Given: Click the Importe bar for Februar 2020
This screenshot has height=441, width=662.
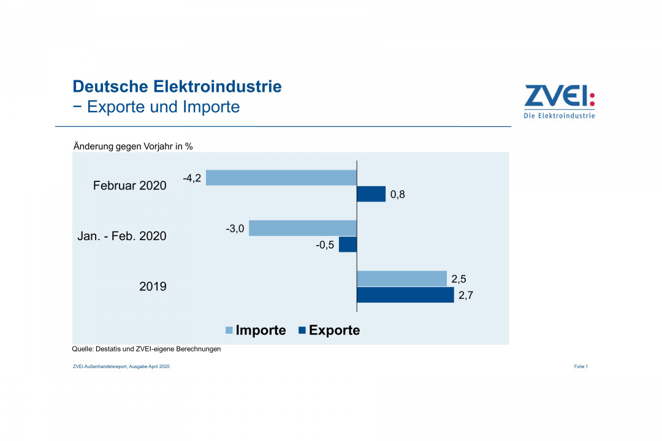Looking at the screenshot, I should coord(281,178).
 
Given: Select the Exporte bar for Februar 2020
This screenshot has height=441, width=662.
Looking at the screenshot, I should coord(371,194).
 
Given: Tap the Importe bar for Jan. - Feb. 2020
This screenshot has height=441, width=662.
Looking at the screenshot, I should coord(303,228).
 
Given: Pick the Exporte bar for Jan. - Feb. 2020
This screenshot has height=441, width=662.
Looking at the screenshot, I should coord(348,244).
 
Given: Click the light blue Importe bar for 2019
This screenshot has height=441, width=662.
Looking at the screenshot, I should coord(401,279).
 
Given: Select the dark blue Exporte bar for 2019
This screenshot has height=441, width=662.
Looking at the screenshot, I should coord(405,295).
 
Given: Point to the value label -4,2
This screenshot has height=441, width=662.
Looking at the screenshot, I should coord(192,178).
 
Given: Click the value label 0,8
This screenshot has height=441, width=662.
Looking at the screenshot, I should coord(397,195).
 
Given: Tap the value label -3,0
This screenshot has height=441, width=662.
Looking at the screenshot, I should coord(235,228).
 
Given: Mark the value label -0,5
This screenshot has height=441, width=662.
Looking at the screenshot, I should coord(325,245).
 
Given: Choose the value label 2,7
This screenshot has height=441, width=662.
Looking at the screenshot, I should coord(466,296).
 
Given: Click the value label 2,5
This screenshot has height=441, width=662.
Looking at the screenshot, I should coord(459,279).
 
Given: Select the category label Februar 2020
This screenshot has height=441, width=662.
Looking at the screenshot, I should coord(129,185).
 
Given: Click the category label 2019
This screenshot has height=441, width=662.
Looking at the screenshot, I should coord(153,285).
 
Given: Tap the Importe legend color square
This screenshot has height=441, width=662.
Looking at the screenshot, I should coord(229,331).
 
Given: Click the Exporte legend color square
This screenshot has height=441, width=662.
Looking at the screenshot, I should coord(302,331).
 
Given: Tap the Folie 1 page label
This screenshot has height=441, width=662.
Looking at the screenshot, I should coord(581,366).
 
